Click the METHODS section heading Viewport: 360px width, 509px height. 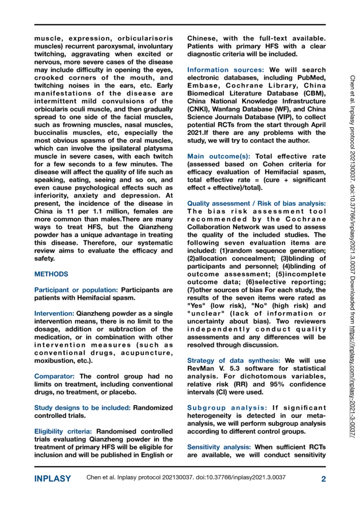point(51,274)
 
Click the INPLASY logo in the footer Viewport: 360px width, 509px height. point(52,479)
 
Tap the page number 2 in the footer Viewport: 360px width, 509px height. point(323,479)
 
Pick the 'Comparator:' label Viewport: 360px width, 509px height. point(56,376)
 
